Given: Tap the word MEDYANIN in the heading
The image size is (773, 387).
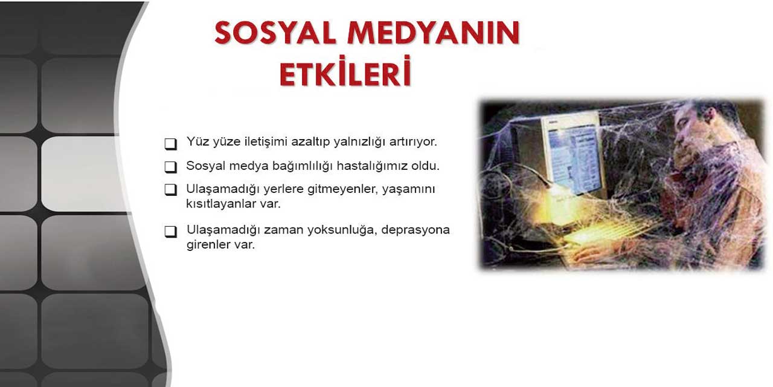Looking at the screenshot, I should click(x=433, y=33).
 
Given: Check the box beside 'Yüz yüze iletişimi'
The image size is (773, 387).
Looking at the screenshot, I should click(x=171, y=144).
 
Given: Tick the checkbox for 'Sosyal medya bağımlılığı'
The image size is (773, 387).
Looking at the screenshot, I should click(x=171, y=167).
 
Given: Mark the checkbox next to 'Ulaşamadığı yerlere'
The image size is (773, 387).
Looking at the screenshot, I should click(x=171, y=190).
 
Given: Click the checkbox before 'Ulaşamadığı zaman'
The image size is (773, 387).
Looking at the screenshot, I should click(x=171, y=232).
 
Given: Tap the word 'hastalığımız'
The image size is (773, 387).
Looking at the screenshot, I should click(x=371, y=166).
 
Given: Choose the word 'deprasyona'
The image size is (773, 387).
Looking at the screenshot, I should click(x=416, y=230).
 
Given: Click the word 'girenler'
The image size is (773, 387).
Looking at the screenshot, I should click(x=208, y=246).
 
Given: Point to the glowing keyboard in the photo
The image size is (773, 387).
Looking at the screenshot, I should click(x=604, y=233).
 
